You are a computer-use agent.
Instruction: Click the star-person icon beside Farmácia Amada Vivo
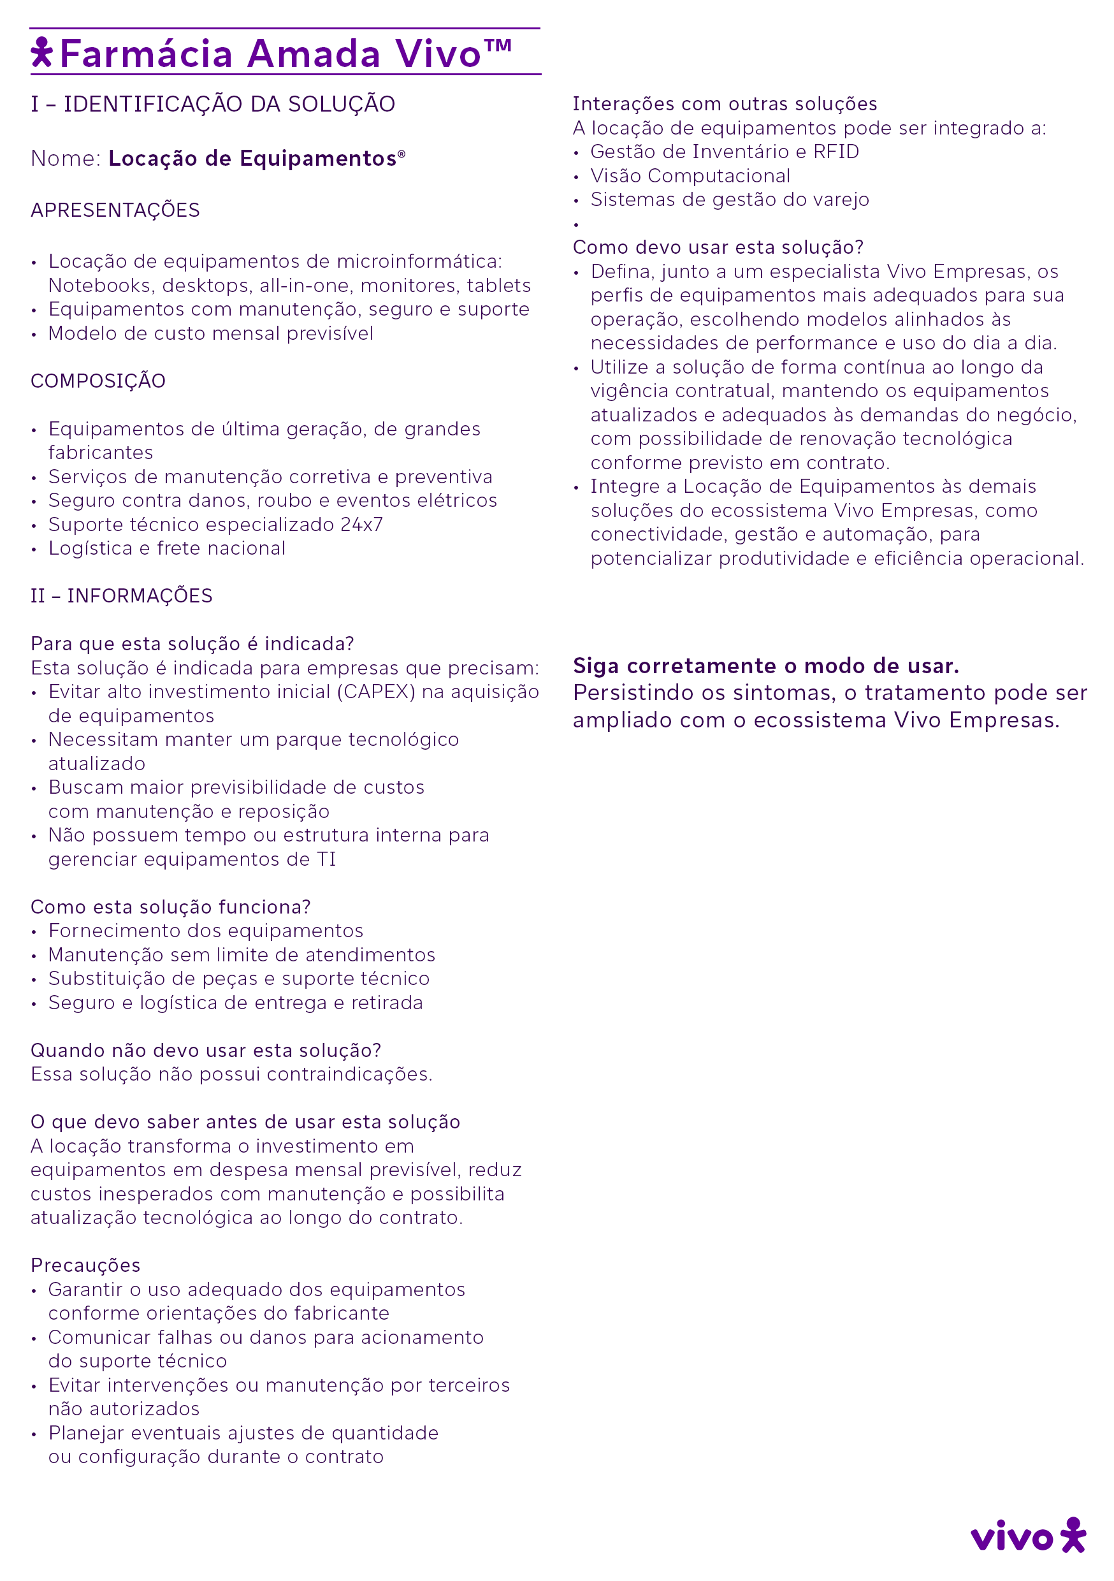42,52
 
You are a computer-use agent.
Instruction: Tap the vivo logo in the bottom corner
1028,1537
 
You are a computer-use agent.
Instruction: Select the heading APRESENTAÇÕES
115,210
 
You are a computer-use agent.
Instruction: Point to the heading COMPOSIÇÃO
98,381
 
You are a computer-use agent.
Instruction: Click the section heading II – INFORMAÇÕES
121,595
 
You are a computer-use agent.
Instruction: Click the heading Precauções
85,1265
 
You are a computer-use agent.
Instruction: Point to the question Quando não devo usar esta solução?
206,1050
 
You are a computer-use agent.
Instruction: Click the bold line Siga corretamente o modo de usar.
765,666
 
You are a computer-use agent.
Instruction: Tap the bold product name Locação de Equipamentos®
256,158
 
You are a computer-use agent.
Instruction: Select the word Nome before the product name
65,158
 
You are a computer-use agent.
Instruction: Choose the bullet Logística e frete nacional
166,548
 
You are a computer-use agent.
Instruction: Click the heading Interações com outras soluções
725,104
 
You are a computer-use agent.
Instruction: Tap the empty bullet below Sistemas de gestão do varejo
576,224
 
